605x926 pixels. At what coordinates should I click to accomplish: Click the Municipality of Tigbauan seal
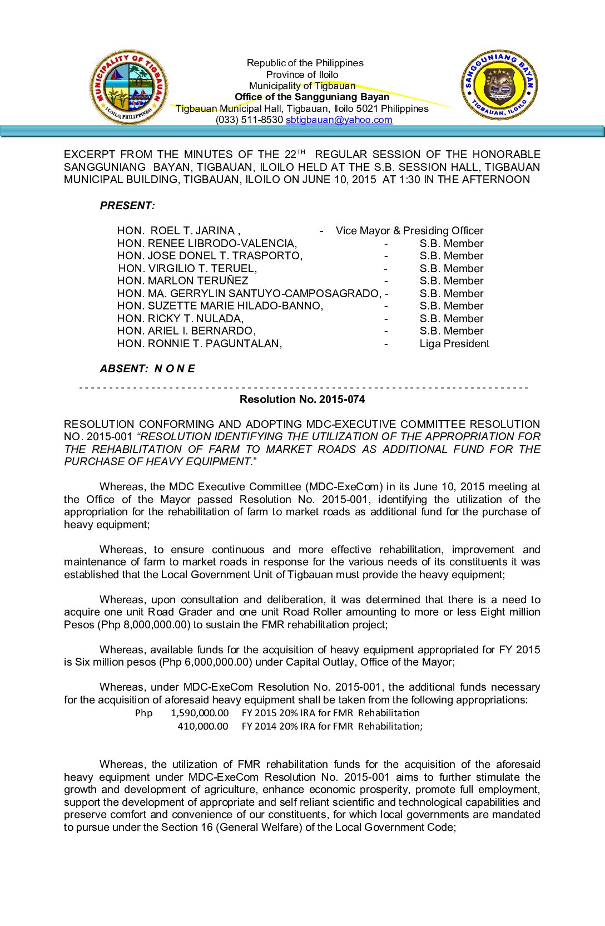(128, 87)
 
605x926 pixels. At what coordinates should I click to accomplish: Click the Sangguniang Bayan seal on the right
(499, 85)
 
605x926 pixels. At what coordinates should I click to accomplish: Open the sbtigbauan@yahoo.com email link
(339, 120)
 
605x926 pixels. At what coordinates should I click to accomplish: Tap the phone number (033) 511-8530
(249, 120)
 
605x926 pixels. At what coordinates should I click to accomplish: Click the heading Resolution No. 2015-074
(302, 399)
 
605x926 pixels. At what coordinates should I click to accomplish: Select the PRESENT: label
(127, 205)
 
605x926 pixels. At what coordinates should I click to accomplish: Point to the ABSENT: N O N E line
(147, 368)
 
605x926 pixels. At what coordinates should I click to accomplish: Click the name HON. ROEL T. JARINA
(178, 230)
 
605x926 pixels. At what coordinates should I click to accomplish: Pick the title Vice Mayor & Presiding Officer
(409, 230)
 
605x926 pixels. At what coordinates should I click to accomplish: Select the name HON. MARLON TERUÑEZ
(182, 280)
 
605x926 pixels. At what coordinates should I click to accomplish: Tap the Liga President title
(454, 343)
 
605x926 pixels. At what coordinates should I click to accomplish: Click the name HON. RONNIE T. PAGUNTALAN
(199, 343)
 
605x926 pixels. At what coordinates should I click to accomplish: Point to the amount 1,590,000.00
(200, 713)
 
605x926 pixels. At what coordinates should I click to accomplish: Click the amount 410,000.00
(203, 726)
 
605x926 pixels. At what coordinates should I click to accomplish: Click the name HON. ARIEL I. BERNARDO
(186, 331)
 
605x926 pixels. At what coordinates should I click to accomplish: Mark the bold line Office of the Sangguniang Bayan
(312, 97)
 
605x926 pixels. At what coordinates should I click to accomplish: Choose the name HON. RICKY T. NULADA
(180, 318)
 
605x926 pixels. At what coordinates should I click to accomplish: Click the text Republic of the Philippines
(305, 63)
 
